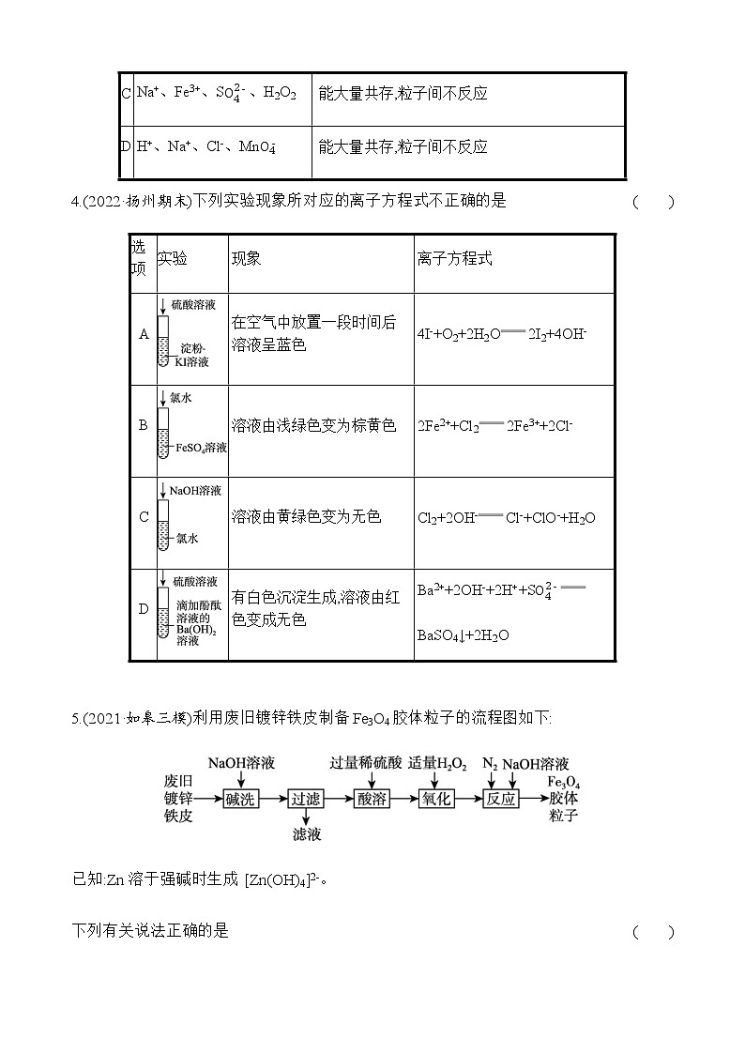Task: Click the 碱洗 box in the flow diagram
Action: pyautogui.click(x=240, y=799)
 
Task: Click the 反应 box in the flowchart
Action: pyautogui.click(x=501, y=799)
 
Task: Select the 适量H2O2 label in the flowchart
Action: pyautogui.click(x=437, y=764)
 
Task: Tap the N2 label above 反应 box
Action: pyautogui.click(x=490, y=764)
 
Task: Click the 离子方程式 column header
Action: pyautogui.click(x=455, y=259)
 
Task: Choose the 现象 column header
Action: pyautogui.click(x=246, y=259)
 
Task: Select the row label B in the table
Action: pyautogui.click(x=144, y=425)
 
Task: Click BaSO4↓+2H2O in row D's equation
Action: pyautogui.click(x=464, y=635)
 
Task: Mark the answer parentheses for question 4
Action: pyautogui.click(x=653, y=202)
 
